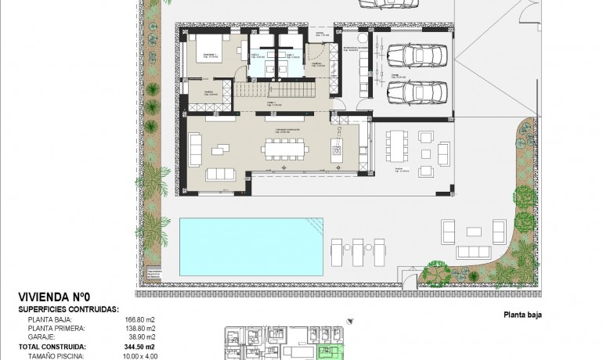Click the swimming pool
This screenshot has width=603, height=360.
tap(251, 246)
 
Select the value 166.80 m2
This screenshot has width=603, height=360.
tap(139, 319)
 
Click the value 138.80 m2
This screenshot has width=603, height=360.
tap(139, 328)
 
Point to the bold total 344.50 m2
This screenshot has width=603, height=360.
tap(140, 345)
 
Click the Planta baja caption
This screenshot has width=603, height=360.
tap(518, 315)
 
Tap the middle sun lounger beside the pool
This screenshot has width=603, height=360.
tap(359, 252)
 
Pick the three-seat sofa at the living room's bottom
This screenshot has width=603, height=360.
tap(222, 174)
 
